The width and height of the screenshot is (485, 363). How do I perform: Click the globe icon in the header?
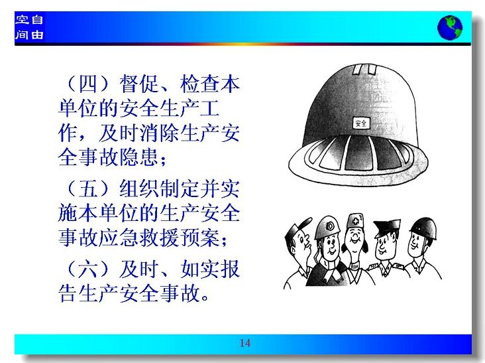pyautogui.click(x=450, y=28)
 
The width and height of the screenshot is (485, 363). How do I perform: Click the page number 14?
pyautogui.click(x=244, y=343)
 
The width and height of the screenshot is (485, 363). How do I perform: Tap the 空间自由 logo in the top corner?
pyautogui.click(x=29, y=27)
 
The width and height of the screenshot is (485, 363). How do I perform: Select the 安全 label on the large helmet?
pyautogui.click(x=360, y=123)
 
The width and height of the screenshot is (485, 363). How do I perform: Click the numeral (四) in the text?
pyautogui.click(x=89, y=84)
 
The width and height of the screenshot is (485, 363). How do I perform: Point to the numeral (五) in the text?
pyautogui.click(x=89, y=188)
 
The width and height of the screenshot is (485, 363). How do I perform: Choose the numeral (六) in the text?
pyautogui.click(x=89, y=269)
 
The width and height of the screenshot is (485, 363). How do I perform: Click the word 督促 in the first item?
pyautogui.click(x=140, y=84)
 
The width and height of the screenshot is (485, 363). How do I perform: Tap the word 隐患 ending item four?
pyautogui.click(x=139, y=157)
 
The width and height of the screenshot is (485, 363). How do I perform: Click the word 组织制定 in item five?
pyautogui.click(x=160, y=188)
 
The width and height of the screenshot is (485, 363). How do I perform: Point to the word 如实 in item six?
pyautogui.click(x=200, y=269)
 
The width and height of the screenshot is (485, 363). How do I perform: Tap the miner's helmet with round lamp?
pyautogui.click(x=327, y=227)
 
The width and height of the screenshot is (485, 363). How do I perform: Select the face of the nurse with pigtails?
pyautogui.click(x=355, y=240)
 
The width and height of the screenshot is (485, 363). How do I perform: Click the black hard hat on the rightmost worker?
pyautogui.click(x=423, y=227)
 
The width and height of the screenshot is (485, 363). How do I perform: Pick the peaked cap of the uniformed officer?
pyautogui.click(x=386, y=227)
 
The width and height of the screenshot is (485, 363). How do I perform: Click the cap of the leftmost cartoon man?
pyautogui.click(x=297, y=228)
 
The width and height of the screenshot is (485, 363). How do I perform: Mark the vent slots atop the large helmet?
pyautogui.click(x=364, y=70)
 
